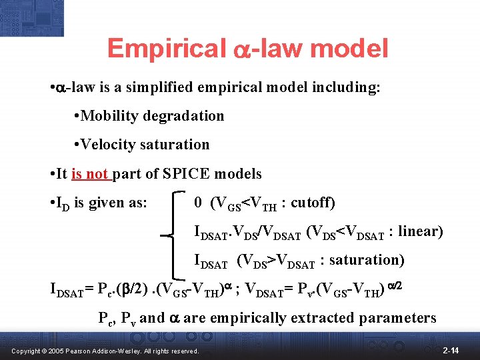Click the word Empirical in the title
coord(166,49)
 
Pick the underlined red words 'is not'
coord(90,174)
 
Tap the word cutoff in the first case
coord(311,202)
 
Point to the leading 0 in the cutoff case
coord(198,202)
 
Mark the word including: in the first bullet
coord(349,87)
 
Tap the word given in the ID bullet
coord(101,203)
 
